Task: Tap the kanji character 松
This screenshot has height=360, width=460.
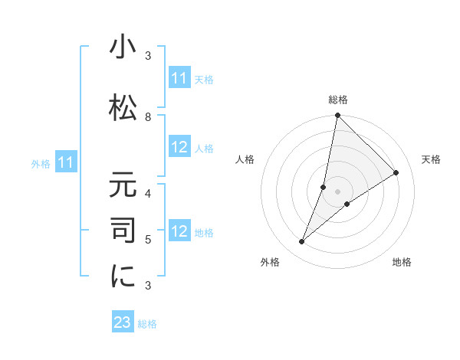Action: tap(123, 106)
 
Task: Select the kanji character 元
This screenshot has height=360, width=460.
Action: tap(123, 186)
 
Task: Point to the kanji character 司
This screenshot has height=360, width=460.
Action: tap(123, 231)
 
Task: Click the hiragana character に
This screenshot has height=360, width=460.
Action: tap(123, 277)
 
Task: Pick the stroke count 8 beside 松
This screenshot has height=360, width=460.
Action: tap(148, 116)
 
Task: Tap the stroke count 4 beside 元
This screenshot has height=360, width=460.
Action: tap(148, 193)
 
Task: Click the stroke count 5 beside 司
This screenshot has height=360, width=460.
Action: tap(148, 239)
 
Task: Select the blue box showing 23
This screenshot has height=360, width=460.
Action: tap(123, 322)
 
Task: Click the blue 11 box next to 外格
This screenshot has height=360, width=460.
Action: tap(66, 162)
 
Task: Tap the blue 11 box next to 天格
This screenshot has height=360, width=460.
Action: tap(179, 79)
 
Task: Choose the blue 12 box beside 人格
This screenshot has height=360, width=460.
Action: tap(179, 148)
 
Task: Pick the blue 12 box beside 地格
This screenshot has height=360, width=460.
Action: tap(179, 231)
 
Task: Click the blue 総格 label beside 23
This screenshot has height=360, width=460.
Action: tap(147, 324)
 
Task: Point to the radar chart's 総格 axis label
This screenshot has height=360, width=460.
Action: tap(337, 100)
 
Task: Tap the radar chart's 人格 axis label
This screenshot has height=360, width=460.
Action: tap(245, 159)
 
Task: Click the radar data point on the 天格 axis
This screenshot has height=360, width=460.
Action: tap(396, 172)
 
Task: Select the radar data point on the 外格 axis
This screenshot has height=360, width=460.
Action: tap(301, 242)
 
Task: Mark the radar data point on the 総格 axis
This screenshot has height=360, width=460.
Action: tap(337, 116)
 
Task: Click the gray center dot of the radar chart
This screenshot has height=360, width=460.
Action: tap(337, 191)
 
